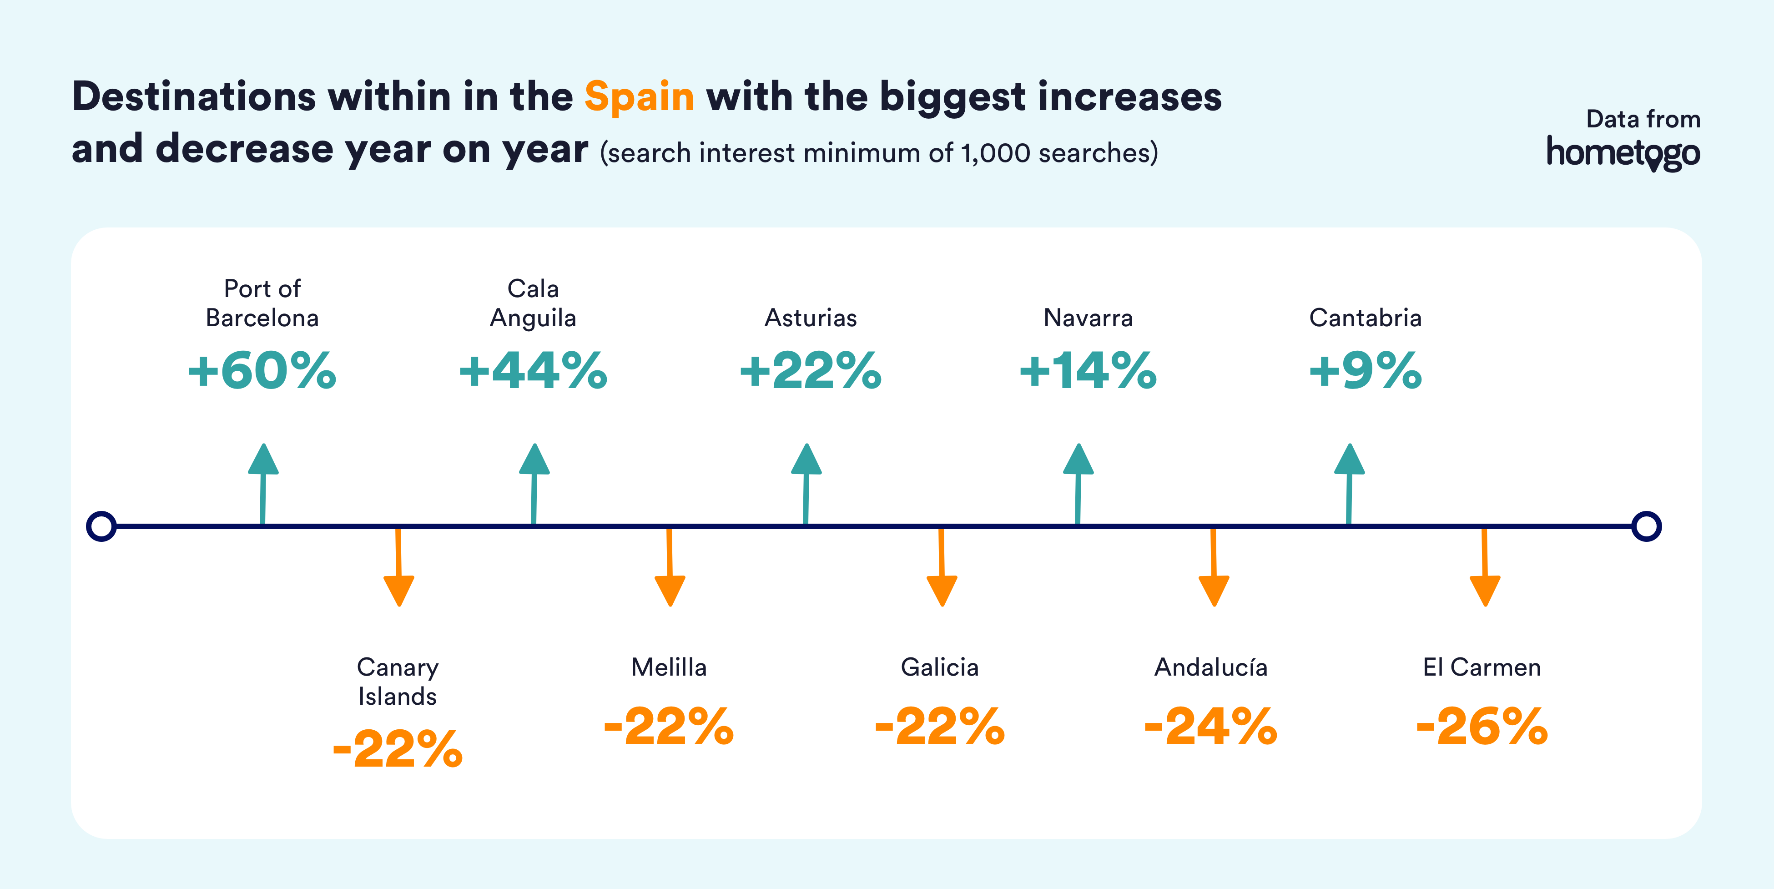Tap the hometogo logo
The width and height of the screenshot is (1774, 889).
tap(1623, 153)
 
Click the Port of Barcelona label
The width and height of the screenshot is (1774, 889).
tap(262, 303)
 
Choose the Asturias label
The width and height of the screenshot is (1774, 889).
tap(811, 318)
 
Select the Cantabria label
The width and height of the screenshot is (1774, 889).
tap(1366, 318)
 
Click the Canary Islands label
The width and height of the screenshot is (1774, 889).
tap(398, 682)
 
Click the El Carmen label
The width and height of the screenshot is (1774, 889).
tap(1482, 667)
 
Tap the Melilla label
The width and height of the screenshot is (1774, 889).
tap(669, 667)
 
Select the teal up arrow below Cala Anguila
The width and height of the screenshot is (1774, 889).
tap(534, 484)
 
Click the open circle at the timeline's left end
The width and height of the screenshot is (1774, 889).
tap(101, 526)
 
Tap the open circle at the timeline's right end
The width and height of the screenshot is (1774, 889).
tap(1647, 526)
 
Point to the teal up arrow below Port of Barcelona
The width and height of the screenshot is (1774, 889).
tap(263, 484)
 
